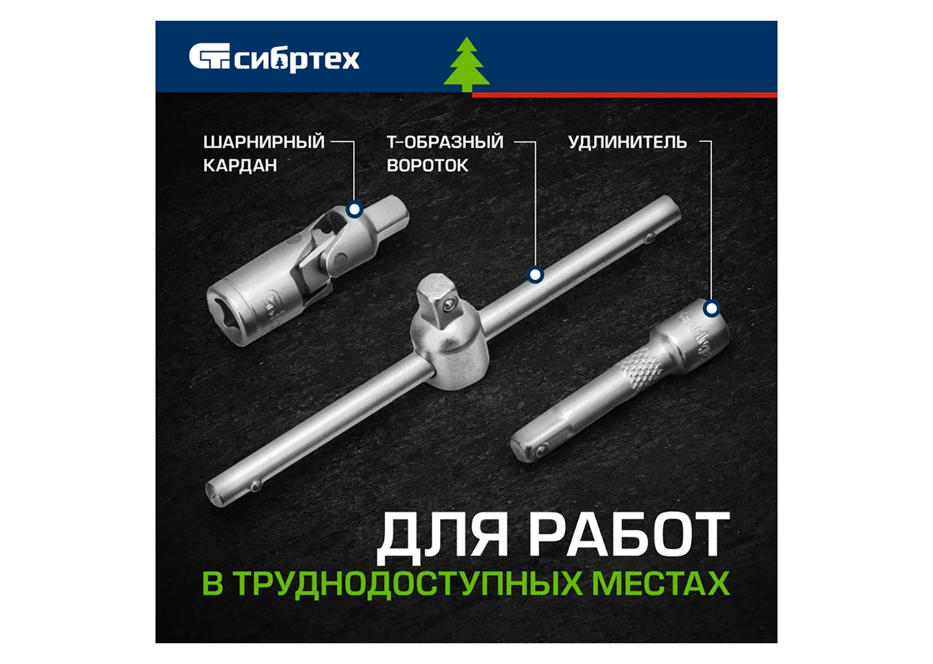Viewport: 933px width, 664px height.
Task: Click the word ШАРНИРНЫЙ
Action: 264,142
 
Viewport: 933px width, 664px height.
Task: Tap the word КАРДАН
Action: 240,165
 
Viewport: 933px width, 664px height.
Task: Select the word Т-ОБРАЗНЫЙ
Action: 445,142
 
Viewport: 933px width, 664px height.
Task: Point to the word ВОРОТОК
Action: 428,165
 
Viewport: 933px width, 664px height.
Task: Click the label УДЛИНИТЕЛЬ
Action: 627,142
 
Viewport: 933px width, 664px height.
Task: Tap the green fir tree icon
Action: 466,64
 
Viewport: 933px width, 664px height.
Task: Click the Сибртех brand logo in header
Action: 273,58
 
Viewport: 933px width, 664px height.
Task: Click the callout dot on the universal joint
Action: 354,209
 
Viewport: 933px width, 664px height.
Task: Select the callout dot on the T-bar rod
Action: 535,275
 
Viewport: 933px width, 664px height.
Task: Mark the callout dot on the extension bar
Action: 712,309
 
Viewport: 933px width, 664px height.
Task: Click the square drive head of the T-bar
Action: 438,297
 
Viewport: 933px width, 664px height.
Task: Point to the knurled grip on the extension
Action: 639,369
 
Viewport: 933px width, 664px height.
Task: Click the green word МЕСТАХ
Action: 661,583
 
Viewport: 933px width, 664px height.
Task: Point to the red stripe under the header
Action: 625,95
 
